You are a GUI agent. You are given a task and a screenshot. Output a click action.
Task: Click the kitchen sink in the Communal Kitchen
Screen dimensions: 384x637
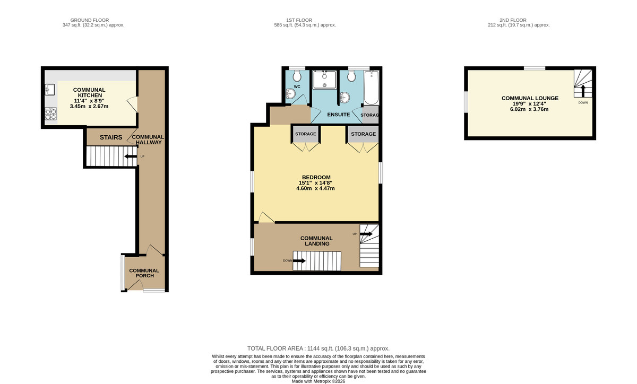point(50,89)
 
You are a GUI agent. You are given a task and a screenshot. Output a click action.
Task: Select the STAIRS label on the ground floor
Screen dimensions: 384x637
point(111,138)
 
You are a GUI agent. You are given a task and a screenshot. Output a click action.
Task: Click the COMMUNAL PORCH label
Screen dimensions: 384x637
point(144,273)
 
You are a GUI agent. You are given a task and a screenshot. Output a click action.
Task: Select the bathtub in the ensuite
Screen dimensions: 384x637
point(371,87)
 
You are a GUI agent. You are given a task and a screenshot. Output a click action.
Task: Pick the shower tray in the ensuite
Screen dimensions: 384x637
point(324,80)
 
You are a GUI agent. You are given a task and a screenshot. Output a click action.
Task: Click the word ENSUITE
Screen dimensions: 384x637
point(338,114)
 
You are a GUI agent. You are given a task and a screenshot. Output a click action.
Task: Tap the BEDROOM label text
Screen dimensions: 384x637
point(316,177)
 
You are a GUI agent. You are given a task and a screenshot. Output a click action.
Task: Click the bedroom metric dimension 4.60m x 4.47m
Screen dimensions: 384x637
point(316,188)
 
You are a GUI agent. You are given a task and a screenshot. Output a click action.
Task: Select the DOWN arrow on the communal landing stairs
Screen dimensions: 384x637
point(299,260)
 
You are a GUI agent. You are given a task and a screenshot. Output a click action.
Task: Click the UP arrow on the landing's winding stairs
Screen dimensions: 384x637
point(366,233)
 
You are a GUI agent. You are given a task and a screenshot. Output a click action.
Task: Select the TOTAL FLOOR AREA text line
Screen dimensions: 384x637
point(317,348)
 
